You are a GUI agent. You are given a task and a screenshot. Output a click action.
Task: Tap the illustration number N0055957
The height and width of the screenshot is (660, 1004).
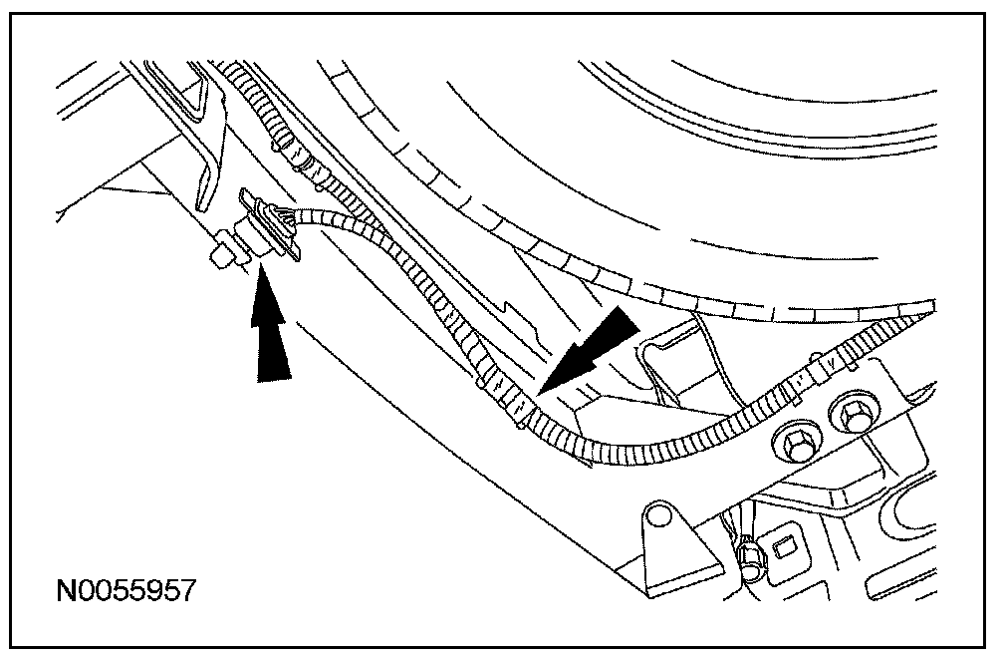(x=125, y=590)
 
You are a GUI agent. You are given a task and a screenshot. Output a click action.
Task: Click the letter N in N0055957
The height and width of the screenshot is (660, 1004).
(x=67, y=590)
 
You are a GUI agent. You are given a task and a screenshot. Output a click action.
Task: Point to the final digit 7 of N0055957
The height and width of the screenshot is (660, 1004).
(x=185, y=590)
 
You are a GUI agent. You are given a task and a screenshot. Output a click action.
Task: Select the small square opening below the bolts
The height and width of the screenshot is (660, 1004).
(x=783, y=544)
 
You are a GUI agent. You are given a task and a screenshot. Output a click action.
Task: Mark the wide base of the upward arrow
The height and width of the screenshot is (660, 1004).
(x=275, y=375)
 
